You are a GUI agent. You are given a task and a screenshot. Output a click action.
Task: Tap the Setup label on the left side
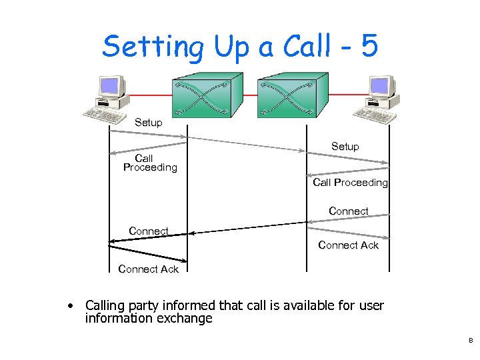[x=148, y=123]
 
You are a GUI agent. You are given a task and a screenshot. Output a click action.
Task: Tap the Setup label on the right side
[x=345, y=147]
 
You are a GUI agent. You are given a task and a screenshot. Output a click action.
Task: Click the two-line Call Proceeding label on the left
[x=150, y=163]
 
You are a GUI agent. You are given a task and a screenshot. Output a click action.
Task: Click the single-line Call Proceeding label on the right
[x=350, y=183]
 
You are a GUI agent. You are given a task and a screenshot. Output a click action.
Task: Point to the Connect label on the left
[x=148, y=231]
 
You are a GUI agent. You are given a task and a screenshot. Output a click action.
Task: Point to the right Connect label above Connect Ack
[x=348, y=211]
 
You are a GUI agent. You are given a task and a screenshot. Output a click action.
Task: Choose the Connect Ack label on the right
[x=348, y=245]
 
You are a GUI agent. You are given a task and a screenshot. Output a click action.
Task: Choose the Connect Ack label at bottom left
[x=148, y=269]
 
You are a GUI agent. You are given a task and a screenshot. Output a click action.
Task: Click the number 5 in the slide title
[x=368, y=47]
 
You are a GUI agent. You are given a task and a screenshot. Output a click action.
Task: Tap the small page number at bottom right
[x=470, y=341]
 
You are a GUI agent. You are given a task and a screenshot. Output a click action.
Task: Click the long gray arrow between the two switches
[x=247, y=144]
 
